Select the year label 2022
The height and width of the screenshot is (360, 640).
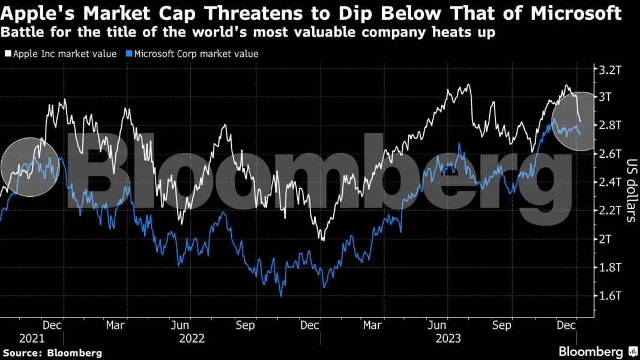[x=192, y=338]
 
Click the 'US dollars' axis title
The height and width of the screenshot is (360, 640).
[x=631, y=190]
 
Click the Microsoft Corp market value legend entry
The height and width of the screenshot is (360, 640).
[x=196, y=54]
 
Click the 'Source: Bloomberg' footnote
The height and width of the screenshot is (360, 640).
[x=52, y=353]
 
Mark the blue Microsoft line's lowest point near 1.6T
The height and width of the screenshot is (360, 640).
[x=280, y=295]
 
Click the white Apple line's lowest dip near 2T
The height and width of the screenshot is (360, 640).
[x=323, y=240]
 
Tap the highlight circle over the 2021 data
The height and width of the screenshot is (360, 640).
[x=29, y=167]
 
